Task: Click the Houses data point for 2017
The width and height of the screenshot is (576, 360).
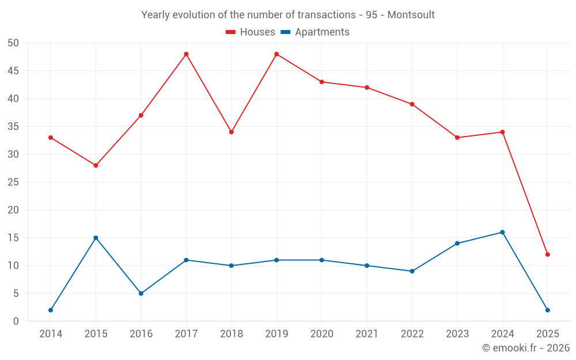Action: click(186, 54)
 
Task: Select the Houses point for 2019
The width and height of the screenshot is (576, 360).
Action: click(276, 54)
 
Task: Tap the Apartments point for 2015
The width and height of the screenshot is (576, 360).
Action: click(96, 238)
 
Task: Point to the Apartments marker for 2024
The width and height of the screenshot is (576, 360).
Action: click(502, 232)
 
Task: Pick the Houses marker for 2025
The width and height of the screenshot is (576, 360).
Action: click(548, 255)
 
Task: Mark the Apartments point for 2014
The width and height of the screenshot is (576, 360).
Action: click(51, 310)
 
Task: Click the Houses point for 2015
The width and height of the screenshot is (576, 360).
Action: click(96, 165)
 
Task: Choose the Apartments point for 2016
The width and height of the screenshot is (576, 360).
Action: click(141, 293)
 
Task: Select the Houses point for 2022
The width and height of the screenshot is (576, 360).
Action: click(412, 104)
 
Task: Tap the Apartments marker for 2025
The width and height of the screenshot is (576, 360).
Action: click(548, 310)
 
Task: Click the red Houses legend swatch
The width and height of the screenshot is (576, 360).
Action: click(231, 32)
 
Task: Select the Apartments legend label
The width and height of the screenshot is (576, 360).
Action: click(322, 32)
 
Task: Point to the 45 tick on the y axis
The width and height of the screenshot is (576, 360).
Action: click(13, 71)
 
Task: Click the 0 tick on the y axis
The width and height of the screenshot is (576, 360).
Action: click(16, 321)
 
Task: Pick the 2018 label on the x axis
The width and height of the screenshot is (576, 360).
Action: click(231, 334)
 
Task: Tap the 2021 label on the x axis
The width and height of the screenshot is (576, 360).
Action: click(367, 334)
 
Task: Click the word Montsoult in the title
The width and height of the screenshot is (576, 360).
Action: click(411, 14)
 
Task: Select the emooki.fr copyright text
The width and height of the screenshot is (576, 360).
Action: click(526, 348)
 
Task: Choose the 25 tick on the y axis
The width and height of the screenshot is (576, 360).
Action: click(13, 182)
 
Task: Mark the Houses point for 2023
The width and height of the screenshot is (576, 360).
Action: click(457, 138)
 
